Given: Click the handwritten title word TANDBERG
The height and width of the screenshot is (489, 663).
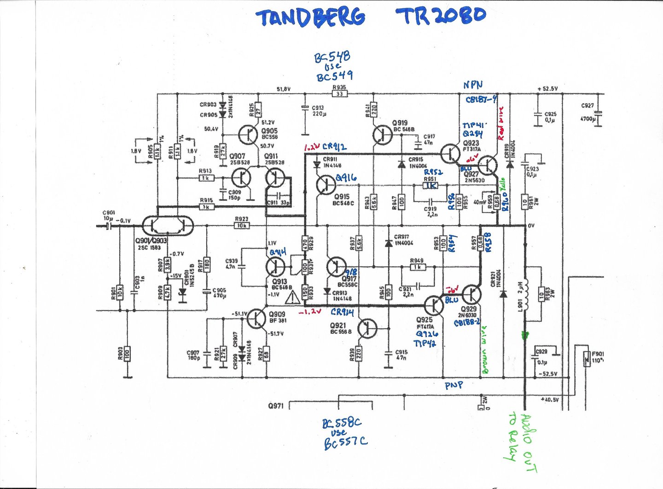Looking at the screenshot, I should tap(311, 17).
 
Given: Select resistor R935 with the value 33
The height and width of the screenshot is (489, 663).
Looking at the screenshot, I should tap(339, 94).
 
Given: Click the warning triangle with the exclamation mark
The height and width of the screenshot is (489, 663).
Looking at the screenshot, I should tap(292, 298).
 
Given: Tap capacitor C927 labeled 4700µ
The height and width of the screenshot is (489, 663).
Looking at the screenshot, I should tap(598, 113).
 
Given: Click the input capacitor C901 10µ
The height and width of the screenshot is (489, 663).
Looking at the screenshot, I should tap(109, 226).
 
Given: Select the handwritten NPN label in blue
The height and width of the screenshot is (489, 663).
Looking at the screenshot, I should tap(472, 85).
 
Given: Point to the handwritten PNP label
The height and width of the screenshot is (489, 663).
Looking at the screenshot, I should tap(454, 385).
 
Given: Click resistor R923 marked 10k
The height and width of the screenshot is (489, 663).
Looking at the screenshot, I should tap(241, 226).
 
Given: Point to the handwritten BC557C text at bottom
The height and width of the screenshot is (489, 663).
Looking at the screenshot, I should tap(345, 443).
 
